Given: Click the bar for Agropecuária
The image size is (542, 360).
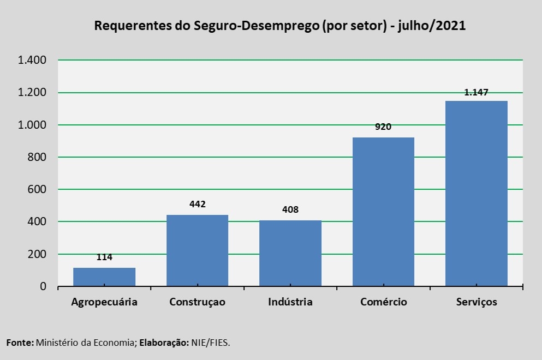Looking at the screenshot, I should click(104, 277).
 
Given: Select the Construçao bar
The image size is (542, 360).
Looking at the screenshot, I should click(197, 250).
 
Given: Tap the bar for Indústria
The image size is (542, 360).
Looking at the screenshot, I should click(290, 253).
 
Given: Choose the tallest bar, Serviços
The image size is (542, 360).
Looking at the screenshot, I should click(477, 193).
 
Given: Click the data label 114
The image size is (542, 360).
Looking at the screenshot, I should click(104, 257).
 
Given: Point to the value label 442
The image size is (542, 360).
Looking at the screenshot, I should click(197, 205).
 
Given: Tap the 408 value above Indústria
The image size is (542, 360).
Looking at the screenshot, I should click(290, 209).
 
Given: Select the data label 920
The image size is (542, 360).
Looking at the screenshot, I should click(383, 127).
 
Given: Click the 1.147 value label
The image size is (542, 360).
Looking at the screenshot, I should click(476, 93).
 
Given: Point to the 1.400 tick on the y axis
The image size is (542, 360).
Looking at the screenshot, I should click(32, 60).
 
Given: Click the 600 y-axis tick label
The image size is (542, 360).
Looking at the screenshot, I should click(37, 189).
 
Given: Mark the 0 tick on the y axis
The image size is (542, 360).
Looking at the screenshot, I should click(43, 286).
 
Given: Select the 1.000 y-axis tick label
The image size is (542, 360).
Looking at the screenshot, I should click(32, 125).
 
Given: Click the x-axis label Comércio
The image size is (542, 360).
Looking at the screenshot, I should click(383, 302).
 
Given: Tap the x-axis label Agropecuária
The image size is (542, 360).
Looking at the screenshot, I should click(104, 302).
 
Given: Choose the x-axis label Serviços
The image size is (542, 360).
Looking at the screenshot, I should click(477, 302).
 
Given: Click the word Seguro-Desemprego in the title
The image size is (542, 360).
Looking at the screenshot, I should click(256, 26).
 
